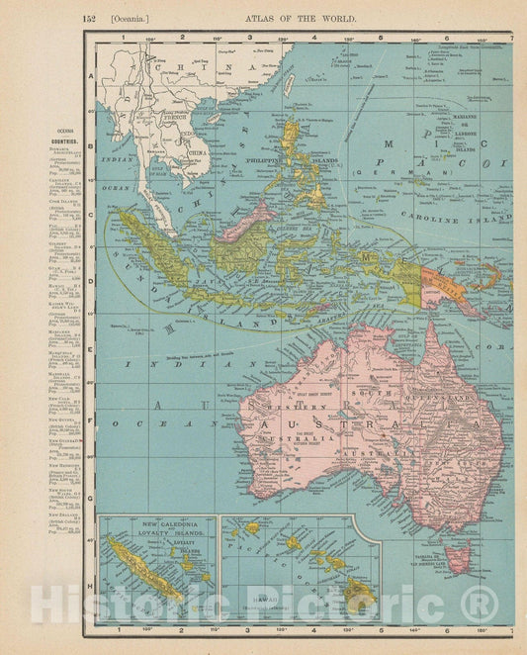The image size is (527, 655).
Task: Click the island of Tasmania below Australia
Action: point(457,555)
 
